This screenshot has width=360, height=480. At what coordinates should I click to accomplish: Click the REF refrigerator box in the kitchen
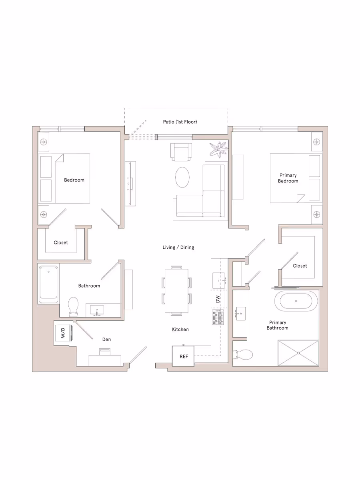(x=183, y=356)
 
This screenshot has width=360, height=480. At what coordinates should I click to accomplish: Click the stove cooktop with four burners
(x=218, y=317)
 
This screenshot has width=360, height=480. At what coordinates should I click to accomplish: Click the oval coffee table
(x=182, y=177)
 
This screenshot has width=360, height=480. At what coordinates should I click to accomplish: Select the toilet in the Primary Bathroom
(x=243, y=354)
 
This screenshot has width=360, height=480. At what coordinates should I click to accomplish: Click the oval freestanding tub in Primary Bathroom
(x=296, y=301)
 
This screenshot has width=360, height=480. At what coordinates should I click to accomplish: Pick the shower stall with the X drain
(x=298, y=353)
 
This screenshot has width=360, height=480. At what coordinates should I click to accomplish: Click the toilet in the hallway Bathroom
(x=73, y=307)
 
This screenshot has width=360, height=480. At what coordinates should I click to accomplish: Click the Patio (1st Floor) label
(x=180, y=122)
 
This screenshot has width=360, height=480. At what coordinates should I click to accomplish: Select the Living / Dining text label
(x=178, y=247)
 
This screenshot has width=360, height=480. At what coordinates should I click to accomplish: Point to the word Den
(x=106, y=339)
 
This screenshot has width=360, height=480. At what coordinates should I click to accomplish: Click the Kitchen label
(x=180, y=329)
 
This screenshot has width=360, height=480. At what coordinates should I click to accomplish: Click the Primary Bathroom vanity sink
(x=240, y=314)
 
